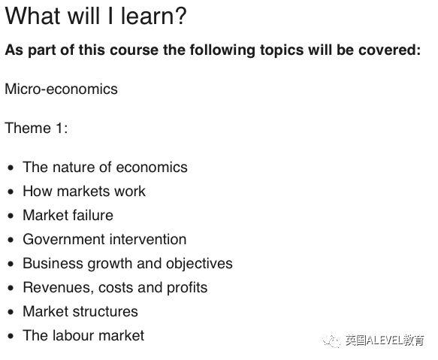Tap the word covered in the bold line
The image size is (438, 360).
389,50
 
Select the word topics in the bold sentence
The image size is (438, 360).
282,50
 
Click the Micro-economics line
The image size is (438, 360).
61,89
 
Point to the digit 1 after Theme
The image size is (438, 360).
59,128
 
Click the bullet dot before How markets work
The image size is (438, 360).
11,192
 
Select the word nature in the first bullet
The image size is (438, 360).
74,168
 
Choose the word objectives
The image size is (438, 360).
199,264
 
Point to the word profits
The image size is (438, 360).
187,288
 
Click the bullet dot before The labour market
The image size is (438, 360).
11,336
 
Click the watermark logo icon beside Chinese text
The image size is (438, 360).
332,340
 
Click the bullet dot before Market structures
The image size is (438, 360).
11,312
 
